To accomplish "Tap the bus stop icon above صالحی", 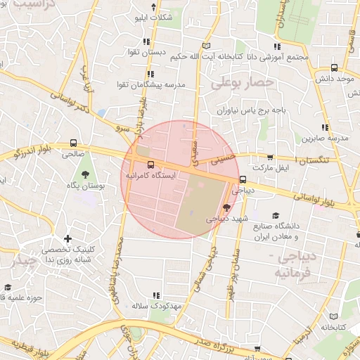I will pyautogui.click(x=74, y=141).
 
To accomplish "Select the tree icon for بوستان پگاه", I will pyautogui.click(x=86, y=174).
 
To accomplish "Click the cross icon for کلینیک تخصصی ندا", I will pyautogui.click(x=67, y=239).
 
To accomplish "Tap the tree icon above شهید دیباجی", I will pyautogui.click(x=226, y=207).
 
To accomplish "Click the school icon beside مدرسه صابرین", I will pyautogui.click(x=325, y=127).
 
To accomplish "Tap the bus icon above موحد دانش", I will pyautogui.click(x=333, y=68).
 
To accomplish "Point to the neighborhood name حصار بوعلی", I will pyautogui.click(x=239, y=84).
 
